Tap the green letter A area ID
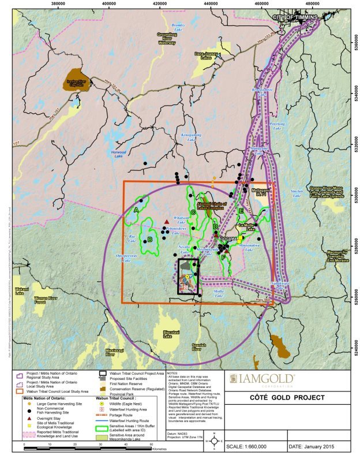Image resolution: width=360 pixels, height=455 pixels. coord(136,210)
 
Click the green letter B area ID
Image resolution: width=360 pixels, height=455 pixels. coord(149,239)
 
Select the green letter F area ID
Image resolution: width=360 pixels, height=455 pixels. coord(223,257)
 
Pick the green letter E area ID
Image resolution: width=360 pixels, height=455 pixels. coord(241,211)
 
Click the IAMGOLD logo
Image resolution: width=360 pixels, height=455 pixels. coord(263,379)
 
